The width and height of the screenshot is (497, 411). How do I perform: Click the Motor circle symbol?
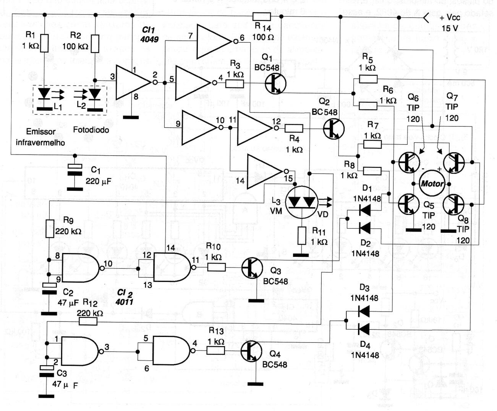(x=432, y=184)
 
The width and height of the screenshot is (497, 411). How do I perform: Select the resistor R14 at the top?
(x=262, y=16)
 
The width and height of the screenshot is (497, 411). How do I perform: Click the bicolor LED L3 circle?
(x=302, y=202)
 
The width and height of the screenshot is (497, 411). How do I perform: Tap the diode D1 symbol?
(x=365, y=209)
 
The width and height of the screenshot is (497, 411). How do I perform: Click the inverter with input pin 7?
(x=214, y=42)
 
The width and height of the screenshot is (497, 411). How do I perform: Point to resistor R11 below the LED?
(x=302, y=236)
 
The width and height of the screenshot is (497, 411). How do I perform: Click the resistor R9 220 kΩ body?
(x=49, y=229)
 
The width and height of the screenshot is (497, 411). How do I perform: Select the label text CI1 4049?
(x=149, y=34)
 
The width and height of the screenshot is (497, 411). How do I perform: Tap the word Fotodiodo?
(x=91, y=130)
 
